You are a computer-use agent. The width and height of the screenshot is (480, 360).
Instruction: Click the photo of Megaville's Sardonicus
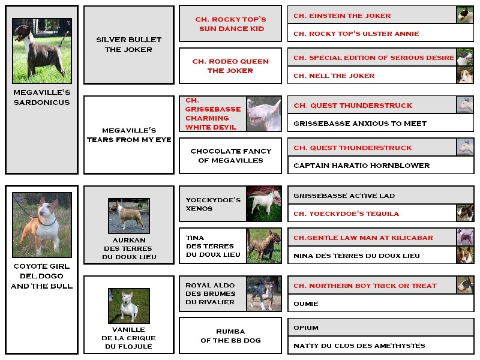coord(42,51)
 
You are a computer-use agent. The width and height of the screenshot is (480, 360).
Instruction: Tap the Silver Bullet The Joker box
coord(129,44)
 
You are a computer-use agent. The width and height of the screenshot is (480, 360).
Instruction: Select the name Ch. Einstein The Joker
coord(342,16)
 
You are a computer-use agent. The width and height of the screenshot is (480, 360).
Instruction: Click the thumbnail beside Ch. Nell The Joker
coord(465,75)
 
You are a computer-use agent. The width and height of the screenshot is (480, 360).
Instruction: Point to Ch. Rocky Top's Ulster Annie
coord(356,34)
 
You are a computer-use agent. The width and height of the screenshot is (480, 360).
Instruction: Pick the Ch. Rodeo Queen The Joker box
coord(230,65)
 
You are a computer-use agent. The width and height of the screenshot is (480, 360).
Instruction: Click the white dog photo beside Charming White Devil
coord(264,114)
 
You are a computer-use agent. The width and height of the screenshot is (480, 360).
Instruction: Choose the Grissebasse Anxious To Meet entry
coord(359,124)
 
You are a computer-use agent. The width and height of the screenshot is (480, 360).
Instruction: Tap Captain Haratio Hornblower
coord(362,166)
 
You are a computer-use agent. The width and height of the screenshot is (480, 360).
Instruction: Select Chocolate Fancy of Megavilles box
coord(230,155)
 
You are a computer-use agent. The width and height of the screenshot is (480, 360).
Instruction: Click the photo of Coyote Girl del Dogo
coord(42,224)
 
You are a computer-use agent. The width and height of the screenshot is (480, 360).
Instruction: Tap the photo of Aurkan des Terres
coord(129,216)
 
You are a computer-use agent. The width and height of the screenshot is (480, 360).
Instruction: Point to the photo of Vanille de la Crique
coord(129,306)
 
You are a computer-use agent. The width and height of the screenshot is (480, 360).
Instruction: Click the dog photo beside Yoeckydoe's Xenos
coord(264,203)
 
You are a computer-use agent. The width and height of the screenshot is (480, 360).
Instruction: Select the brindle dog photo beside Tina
coord(264,245)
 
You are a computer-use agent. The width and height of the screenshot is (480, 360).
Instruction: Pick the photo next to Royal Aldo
coord(264,293)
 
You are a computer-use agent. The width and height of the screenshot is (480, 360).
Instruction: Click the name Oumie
coord(306,304)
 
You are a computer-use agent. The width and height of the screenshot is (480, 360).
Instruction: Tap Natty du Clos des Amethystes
coord(359,346)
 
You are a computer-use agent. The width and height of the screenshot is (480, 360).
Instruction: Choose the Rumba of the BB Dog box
coord(230,335)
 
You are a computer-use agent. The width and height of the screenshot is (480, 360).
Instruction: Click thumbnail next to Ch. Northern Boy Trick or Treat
coord(465,285)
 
